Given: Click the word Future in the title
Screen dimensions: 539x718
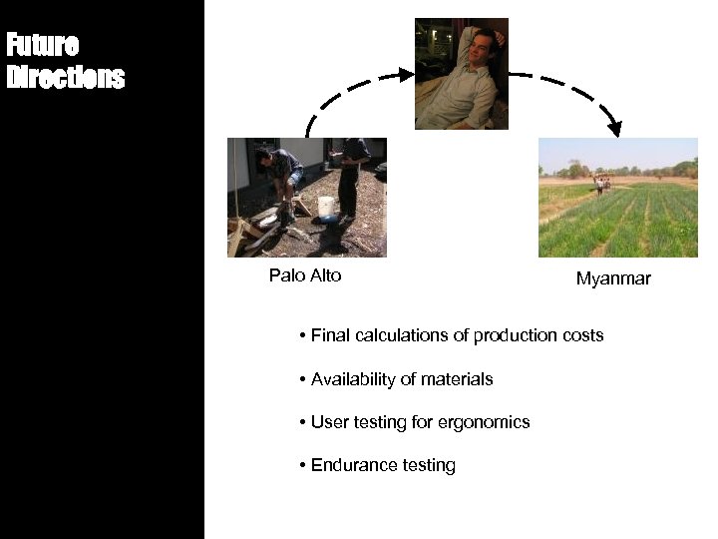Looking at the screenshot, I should click(x=42, y=46).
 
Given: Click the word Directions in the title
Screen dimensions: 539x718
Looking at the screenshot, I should click(x=66, y=78).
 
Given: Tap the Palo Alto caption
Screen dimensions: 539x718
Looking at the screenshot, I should click(x=305, y=275).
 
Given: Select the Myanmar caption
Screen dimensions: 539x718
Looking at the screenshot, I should click(x=613, y=279).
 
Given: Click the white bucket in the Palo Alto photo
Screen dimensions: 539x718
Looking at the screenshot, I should click(x=325, y=208).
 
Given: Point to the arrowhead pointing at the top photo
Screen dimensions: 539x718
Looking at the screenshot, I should click(x=406, y=74).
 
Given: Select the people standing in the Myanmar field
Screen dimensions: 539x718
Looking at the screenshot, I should click(x=601, y=184).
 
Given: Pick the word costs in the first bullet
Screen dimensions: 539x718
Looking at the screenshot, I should click(x=581, y=335).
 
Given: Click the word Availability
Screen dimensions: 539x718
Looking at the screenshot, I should click(x=353, y=379).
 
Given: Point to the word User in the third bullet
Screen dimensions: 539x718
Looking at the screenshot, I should click(x=329, y=422).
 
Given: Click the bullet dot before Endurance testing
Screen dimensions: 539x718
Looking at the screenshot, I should click(x=301, y=465).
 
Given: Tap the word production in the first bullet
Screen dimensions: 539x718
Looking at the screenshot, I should click(x=514, y=335).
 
